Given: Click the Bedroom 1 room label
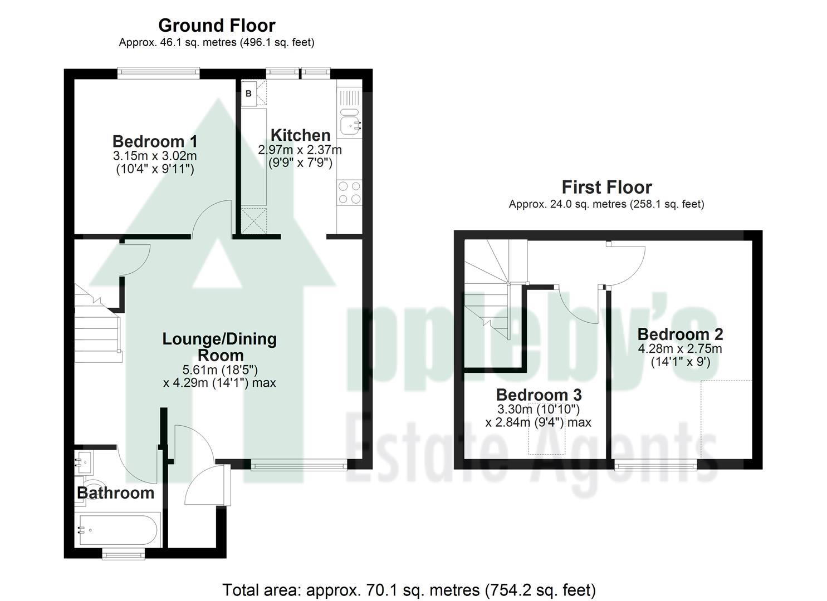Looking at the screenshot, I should pos(154,141).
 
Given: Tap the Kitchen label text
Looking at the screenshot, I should pos(300,135).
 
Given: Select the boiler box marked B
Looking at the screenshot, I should pos(248,93).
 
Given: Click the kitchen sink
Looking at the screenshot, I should pos(350,124).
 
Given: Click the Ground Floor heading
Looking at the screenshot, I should pos(217,26).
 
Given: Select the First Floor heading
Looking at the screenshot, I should pos(606,187).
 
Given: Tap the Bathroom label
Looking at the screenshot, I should pos(115,493).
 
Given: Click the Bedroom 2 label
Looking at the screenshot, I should pos(680,334).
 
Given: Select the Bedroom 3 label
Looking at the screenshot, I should pos(539,395).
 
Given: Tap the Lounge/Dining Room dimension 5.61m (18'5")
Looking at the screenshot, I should pos(219,370).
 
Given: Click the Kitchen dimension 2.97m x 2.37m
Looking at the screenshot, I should pos(300,150).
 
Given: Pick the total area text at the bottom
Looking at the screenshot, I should pos(409,590).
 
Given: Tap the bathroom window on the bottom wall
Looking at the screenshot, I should pos(124,553).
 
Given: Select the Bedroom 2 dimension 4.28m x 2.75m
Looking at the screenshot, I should pos(679,349).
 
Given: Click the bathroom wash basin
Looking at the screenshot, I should pos(84,460).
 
